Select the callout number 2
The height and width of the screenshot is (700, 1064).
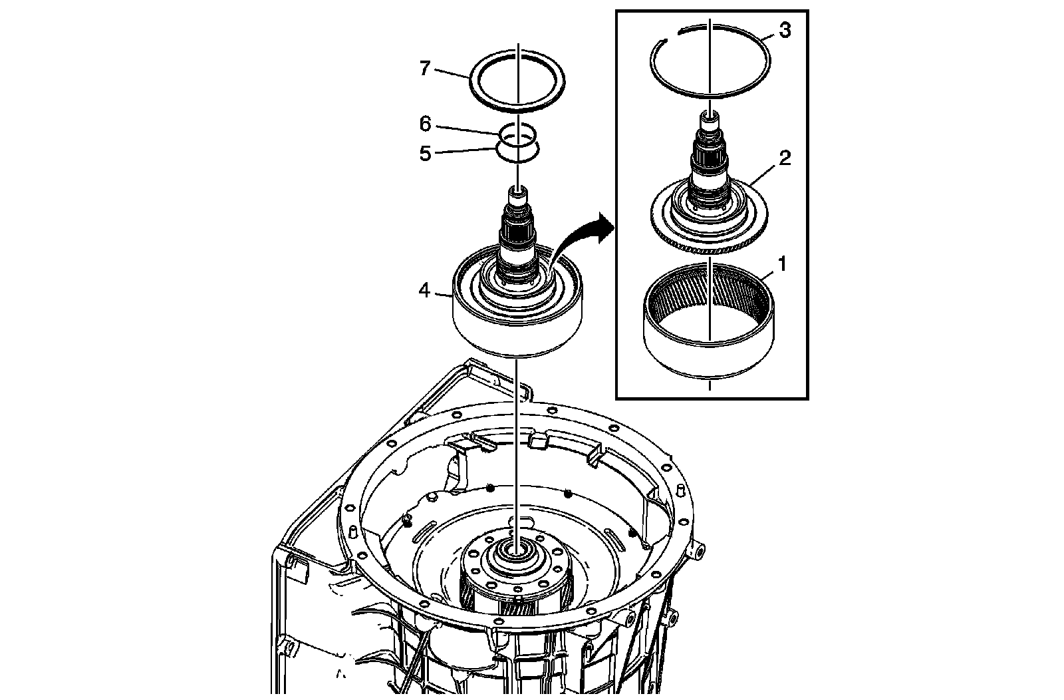[x=785, y=158]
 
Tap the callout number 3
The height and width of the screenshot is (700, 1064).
[x=785, y=30]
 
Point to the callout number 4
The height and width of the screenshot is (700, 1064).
[x=424, y=290]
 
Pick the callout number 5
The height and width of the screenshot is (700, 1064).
[x=425, y=154]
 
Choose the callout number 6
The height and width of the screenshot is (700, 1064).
[x=425, y=124]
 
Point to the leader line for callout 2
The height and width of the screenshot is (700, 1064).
[x=763, y=173]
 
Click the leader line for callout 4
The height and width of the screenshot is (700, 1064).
[x=443, y=295]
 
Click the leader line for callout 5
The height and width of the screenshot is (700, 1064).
[x=466, y=150]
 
